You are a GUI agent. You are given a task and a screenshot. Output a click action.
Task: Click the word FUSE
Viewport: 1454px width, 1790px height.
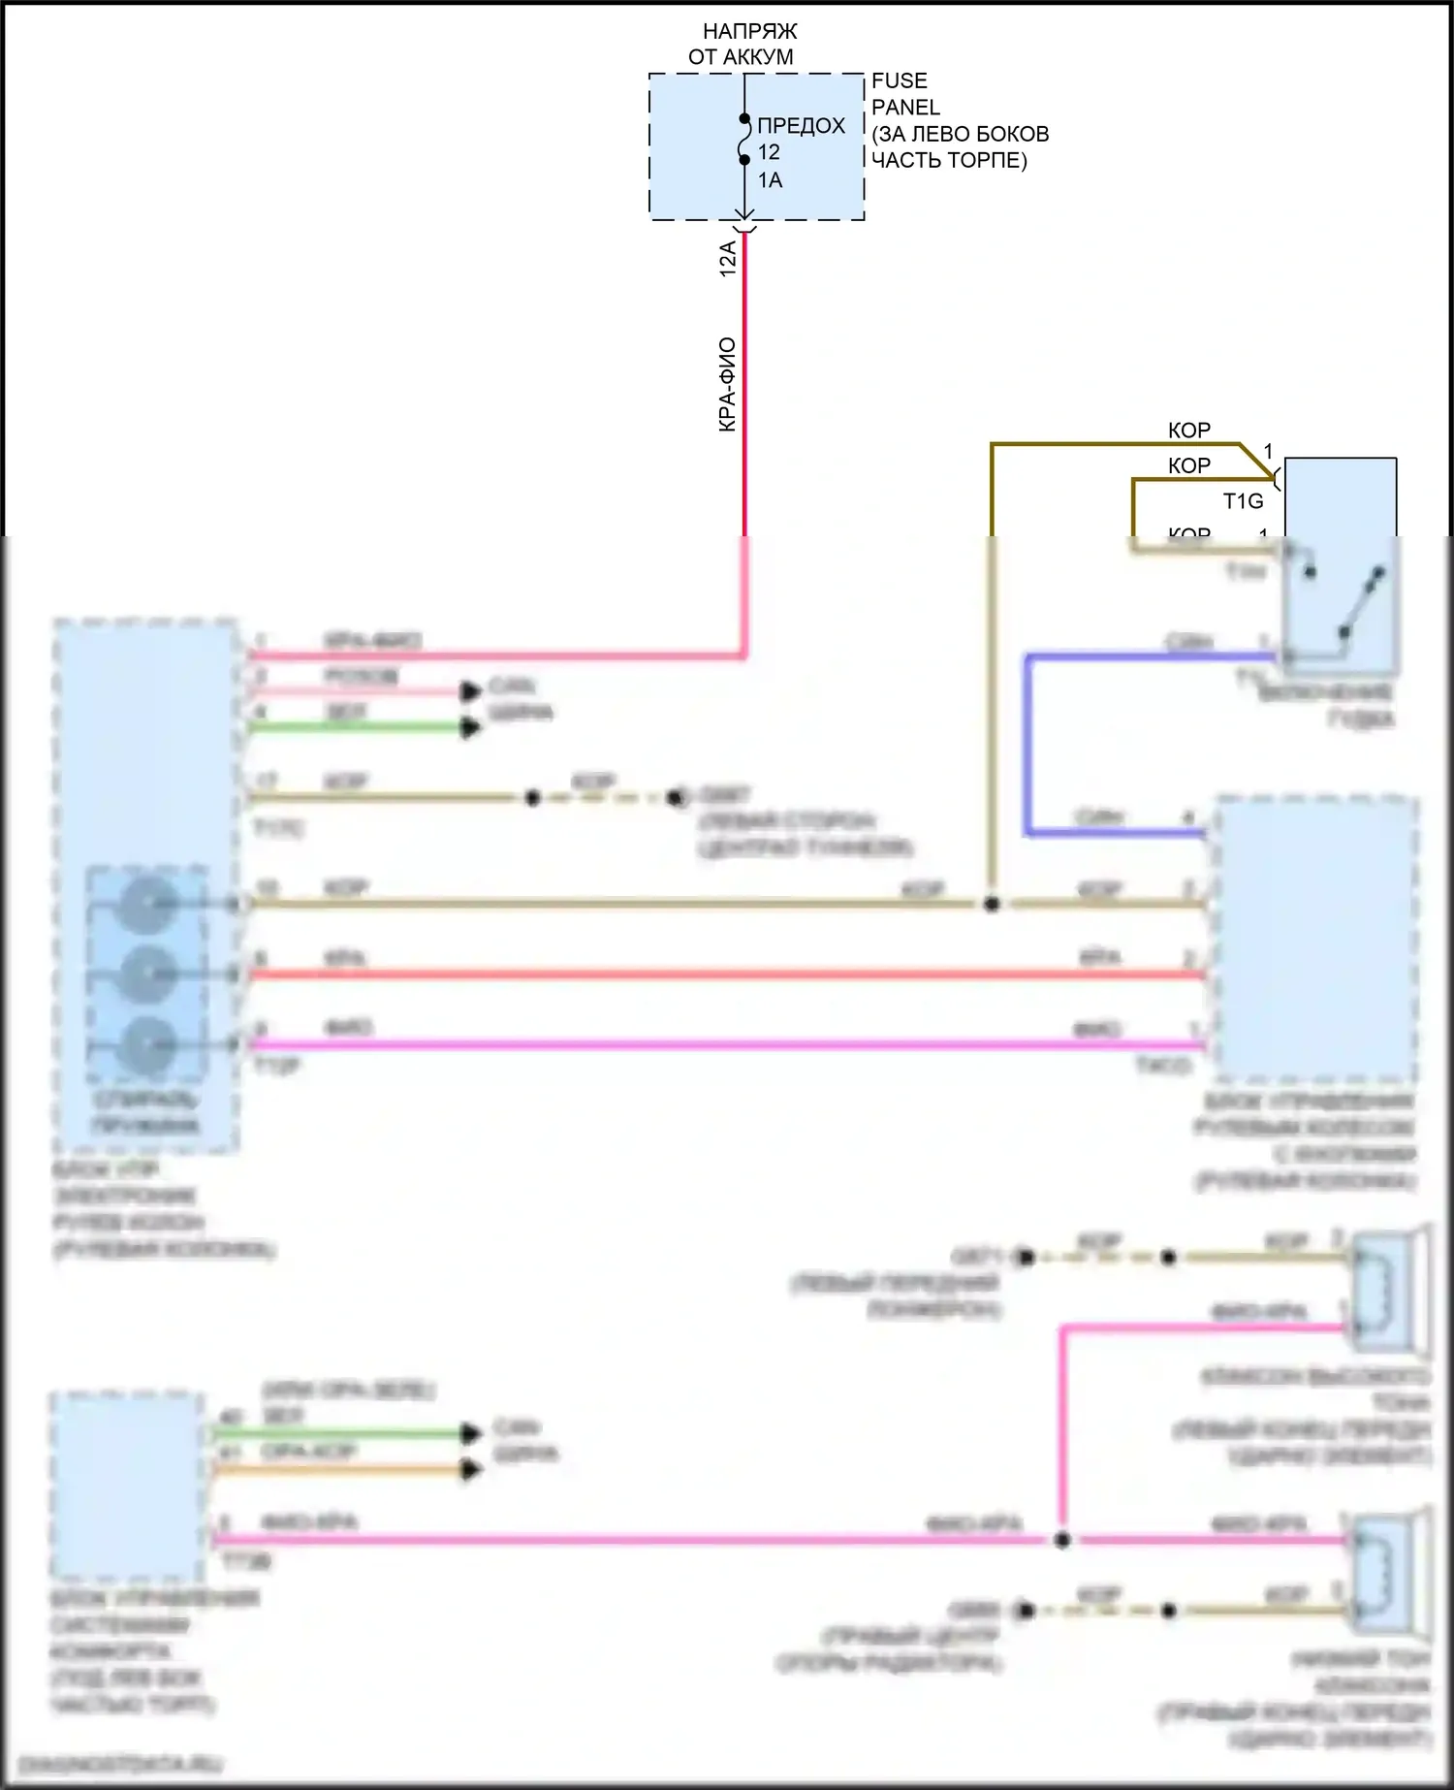899,80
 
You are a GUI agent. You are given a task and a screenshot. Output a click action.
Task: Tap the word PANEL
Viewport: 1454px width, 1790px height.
905,107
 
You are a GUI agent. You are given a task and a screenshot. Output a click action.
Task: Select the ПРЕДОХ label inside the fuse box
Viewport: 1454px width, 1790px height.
801,126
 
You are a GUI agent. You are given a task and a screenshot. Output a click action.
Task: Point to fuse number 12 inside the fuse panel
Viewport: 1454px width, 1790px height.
769,152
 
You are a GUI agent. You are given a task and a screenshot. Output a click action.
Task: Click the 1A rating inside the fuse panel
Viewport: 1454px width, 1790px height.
770,180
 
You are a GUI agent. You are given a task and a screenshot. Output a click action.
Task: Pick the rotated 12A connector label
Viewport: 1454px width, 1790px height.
728,259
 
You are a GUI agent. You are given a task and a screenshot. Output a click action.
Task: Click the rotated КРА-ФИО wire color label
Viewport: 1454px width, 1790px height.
728,384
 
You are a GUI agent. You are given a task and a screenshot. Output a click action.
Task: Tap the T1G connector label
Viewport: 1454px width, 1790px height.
1243,501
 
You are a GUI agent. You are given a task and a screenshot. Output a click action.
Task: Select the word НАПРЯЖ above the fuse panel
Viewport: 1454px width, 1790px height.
749,32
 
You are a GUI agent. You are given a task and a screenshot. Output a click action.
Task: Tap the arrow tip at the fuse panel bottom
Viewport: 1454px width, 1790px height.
744,218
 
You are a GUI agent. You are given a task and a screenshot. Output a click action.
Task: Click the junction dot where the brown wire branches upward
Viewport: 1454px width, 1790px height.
992,904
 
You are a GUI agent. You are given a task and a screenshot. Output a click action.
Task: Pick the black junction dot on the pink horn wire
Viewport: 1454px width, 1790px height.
1062,1540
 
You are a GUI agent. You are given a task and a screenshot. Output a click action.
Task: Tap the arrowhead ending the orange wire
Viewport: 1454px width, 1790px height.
471,1470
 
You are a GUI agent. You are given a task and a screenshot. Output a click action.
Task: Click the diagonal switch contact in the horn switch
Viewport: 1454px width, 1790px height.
1361,603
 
